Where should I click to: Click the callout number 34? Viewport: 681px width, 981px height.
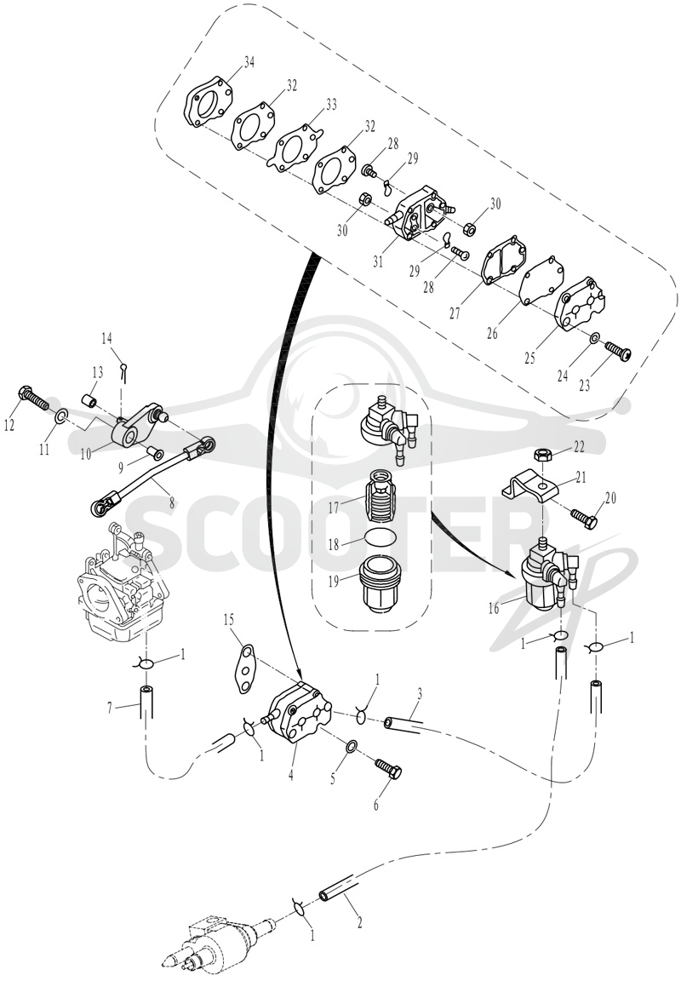(249, 62)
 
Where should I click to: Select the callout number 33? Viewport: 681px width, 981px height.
(331, 105)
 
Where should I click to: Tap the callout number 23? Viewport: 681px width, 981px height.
(584, 386)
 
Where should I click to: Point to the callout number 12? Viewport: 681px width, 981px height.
(9, 426)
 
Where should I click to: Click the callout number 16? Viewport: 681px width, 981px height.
(495, 608)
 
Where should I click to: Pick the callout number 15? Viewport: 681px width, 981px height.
(229, 619)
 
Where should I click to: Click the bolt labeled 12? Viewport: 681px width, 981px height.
(34, 399)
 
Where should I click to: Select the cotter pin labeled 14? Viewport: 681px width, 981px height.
(124, 371)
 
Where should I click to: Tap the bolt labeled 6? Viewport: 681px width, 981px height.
(388, 768)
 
